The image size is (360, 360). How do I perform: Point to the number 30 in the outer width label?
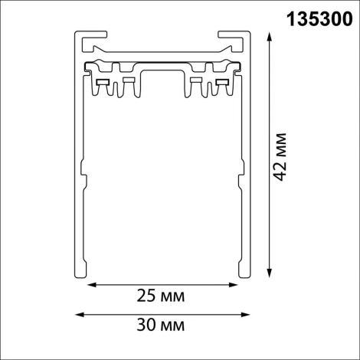(144, 326)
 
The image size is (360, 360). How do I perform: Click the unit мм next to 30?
(174, 326)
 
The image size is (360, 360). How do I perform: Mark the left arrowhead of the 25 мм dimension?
(89, 285)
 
